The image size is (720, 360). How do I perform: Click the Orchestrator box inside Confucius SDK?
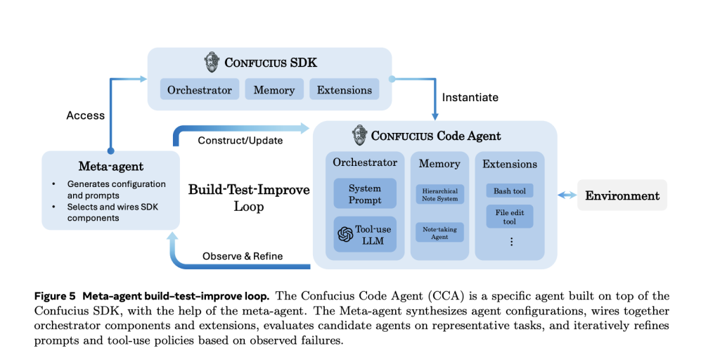(200, 90)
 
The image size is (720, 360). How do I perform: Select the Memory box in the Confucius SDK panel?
(274, 90)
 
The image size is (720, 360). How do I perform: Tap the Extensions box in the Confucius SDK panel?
(345, 90)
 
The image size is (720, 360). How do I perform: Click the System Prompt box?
(365, 194)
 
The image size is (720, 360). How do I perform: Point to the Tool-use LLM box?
(365, 235)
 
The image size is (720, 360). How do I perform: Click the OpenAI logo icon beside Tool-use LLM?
(345, 235)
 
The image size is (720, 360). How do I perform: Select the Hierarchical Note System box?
(440, 195)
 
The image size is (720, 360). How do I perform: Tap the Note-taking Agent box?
(440, 233)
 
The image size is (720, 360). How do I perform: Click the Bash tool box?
(510, 191)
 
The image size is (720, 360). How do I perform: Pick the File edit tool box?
(510, 217)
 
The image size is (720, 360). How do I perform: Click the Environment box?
(622, 195)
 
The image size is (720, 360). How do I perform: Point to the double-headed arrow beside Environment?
(567, 195)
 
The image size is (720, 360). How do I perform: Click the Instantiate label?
(470, 97)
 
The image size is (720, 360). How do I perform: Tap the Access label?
(85, 115)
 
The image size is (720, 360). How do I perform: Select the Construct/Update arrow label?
(240, 140)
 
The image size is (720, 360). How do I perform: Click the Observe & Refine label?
(243, 256)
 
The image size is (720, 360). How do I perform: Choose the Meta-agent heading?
(110, 167)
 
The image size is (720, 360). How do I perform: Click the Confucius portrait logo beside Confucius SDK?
(212, 62)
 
